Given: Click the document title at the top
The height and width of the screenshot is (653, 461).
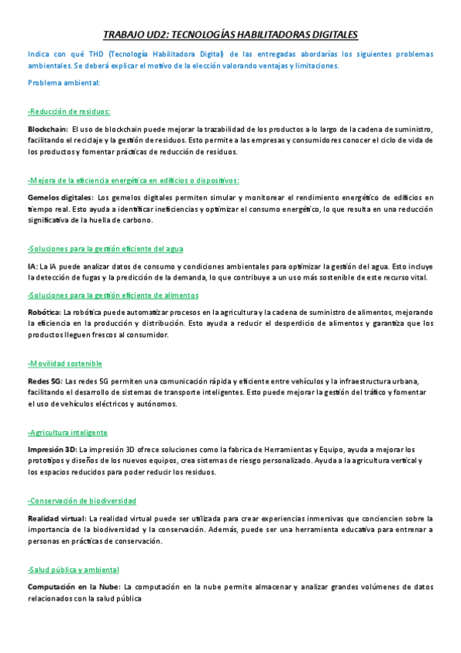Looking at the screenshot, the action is pyautogui.click(x=230, y=35).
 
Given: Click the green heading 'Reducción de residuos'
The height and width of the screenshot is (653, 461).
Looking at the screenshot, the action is pyautogui.click(x=69, y=111).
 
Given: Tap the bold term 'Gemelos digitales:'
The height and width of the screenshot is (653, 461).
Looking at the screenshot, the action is pyautogui.click(x=60, y=198).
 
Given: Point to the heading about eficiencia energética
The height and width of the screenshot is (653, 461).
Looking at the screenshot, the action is pyautogui.click(x=133, y=180).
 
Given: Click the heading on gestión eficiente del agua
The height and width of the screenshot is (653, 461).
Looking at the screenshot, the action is pyautogui.click(x=105, y=249).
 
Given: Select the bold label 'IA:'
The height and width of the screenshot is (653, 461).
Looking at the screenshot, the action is pyautogui.click(x=33, y=266).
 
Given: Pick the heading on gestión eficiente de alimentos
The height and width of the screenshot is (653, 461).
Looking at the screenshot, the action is pyautogui.click(x=113, y=295).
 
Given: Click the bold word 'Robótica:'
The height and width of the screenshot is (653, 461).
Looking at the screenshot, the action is pyautogui.click(x=44, y=312).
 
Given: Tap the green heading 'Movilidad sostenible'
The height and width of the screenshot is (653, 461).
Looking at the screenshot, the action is pyautogui.click(x=65, y=363).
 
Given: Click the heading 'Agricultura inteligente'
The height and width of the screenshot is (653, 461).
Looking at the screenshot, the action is pyautogui.click(x=68, y=432).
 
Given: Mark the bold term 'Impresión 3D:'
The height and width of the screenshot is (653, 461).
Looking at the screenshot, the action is pyautogui.click(x=52, y=449).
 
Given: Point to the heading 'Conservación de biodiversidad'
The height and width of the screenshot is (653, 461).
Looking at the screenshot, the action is pyautogui.click(x=82, y=501).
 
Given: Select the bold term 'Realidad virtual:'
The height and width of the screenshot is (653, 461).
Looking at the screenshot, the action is pyautogui.click(x=57, y=518).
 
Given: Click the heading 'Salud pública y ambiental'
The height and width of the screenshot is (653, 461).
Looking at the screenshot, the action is pyautogui.click(x=73, y=569).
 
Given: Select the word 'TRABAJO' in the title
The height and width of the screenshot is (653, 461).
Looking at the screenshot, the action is pyautogui.click(x=124, y=35).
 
